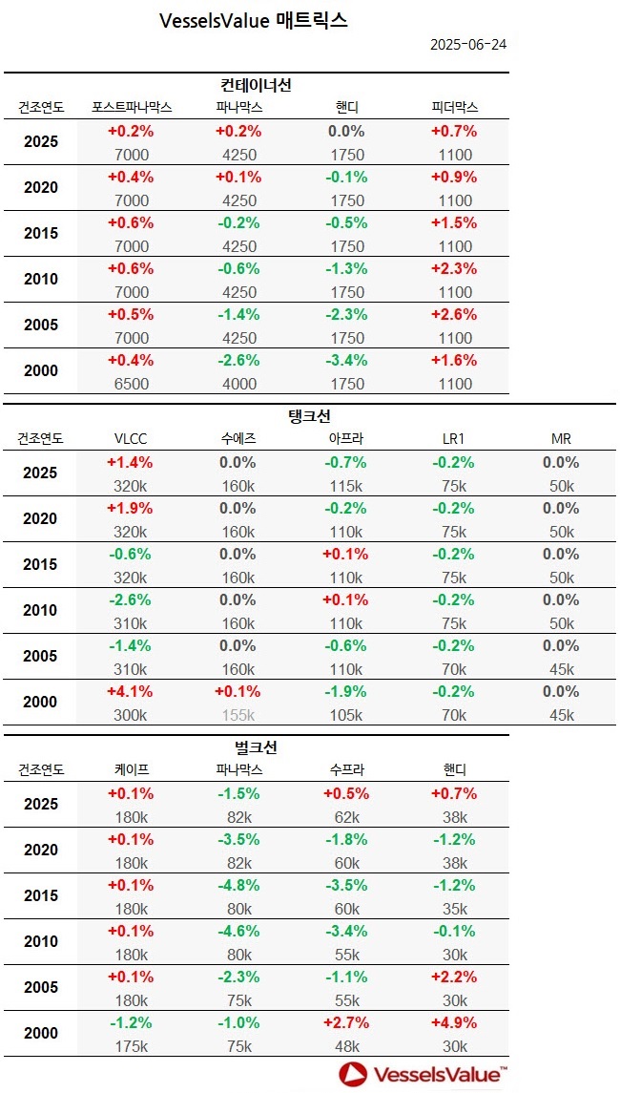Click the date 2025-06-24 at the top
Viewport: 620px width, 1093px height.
(467, 45)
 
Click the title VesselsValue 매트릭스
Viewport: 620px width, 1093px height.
(254, 20)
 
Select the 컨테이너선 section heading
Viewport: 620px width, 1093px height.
(255, 85)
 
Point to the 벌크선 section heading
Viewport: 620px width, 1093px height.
(255, 747)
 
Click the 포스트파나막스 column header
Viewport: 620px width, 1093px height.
(132, 107)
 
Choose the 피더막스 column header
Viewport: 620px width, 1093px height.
(454, 107)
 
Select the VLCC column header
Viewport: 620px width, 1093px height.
(130, 438)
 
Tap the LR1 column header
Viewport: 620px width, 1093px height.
(454, 438)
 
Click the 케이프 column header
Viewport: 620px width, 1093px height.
(132, 769)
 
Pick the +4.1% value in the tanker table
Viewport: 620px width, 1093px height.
(132, 692)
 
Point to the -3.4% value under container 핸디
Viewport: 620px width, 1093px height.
(346, 361)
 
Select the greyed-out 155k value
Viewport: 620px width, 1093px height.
(238, 715)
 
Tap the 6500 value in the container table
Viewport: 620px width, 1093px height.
(132, 384)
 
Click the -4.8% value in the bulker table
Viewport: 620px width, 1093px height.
(238, 886)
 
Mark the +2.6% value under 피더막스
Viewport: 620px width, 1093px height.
(454, 315)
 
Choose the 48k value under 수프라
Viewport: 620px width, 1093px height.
(346, 1046)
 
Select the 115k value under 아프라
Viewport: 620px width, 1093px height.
(346, 486)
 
